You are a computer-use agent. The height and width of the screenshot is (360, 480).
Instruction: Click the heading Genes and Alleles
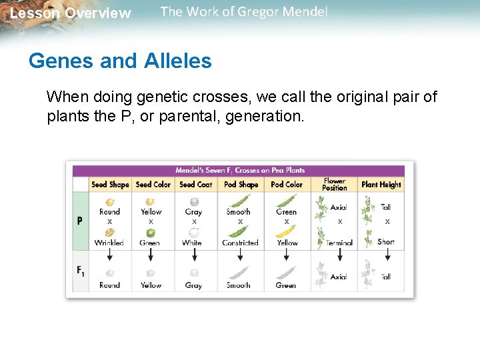[x=120, y=61]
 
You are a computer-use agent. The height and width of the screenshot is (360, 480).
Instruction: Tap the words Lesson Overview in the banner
[x=71, y=13]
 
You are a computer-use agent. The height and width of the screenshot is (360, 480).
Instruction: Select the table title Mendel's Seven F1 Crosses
[x=240, y=170]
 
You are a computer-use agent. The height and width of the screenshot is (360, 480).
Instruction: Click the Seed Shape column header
[x=110, y=185]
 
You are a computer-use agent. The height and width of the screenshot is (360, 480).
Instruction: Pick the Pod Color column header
[x=286, y=185]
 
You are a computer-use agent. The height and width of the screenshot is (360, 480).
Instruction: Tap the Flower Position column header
[x=334, y=185]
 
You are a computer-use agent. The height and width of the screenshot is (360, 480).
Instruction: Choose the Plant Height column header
[x=381, y=185]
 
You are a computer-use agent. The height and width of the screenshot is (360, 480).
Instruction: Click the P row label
[x=80, y=221]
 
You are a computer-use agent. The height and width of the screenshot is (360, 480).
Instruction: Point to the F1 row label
[x=80, y=271]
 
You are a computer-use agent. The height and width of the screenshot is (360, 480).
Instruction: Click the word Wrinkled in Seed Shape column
[x=109, y=243]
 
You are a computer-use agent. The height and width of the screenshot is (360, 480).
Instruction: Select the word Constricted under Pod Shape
[x=240, y=243]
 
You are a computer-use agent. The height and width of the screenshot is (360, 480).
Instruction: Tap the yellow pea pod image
[x=287, y=232]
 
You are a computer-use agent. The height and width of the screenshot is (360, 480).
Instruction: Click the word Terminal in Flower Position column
[x=339, y=243]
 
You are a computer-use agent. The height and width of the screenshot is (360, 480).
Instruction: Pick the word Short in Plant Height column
[x=385, y=242]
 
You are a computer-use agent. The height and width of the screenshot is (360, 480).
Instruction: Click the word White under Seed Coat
[x=192, y=243]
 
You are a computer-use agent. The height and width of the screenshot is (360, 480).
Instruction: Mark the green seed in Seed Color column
[x=151, y=233]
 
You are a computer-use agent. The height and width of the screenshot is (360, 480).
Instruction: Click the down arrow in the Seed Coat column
[x=194, y=257]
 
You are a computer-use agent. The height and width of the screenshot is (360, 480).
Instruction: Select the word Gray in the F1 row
[x=193, y=285]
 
